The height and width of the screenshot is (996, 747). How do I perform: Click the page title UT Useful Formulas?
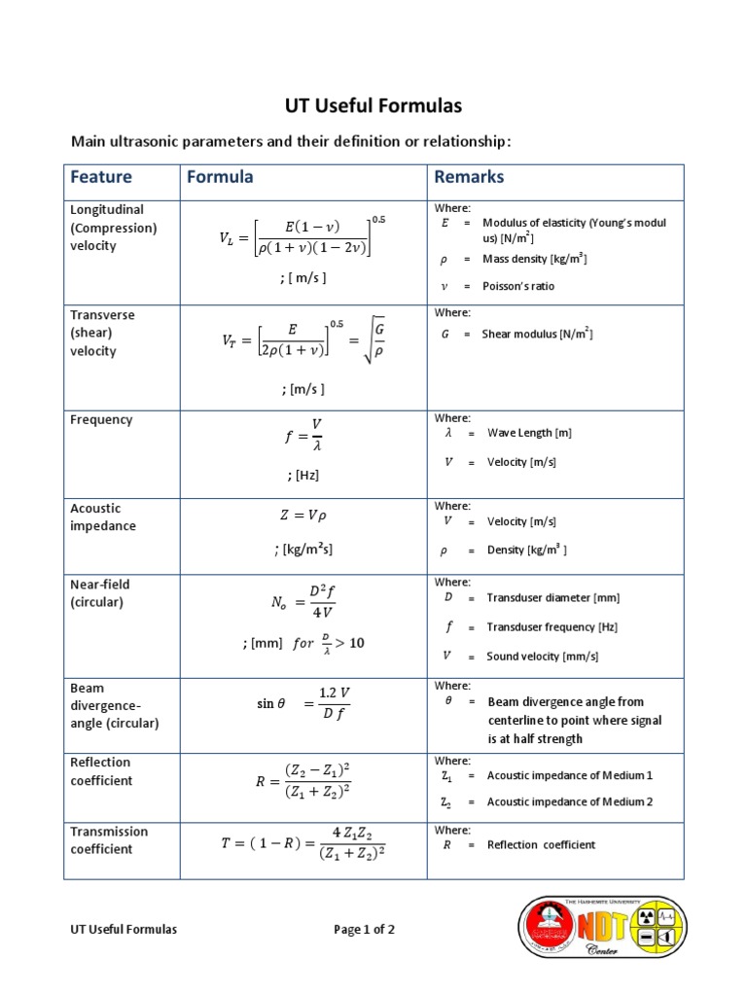click(373, 105)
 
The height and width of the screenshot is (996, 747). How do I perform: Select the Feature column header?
click(101, 177)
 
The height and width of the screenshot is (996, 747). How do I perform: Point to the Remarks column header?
click(469, 177)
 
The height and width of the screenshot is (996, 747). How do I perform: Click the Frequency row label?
click(101, 420)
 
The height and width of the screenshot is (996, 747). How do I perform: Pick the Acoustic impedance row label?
click(103, 516)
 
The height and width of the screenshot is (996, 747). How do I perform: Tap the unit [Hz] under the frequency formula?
click(303, 476)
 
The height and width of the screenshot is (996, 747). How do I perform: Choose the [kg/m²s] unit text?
click(303, 550)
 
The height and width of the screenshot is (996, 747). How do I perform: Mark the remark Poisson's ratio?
click(518, 287)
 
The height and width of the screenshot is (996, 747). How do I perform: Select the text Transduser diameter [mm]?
click(552, 598)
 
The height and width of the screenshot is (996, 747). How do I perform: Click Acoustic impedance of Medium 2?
click(569, 802)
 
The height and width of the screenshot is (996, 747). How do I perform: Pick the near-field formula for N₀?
click(303, 602)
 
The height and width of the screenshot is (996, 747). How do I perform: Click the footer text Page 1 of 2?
click(364, 930)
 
